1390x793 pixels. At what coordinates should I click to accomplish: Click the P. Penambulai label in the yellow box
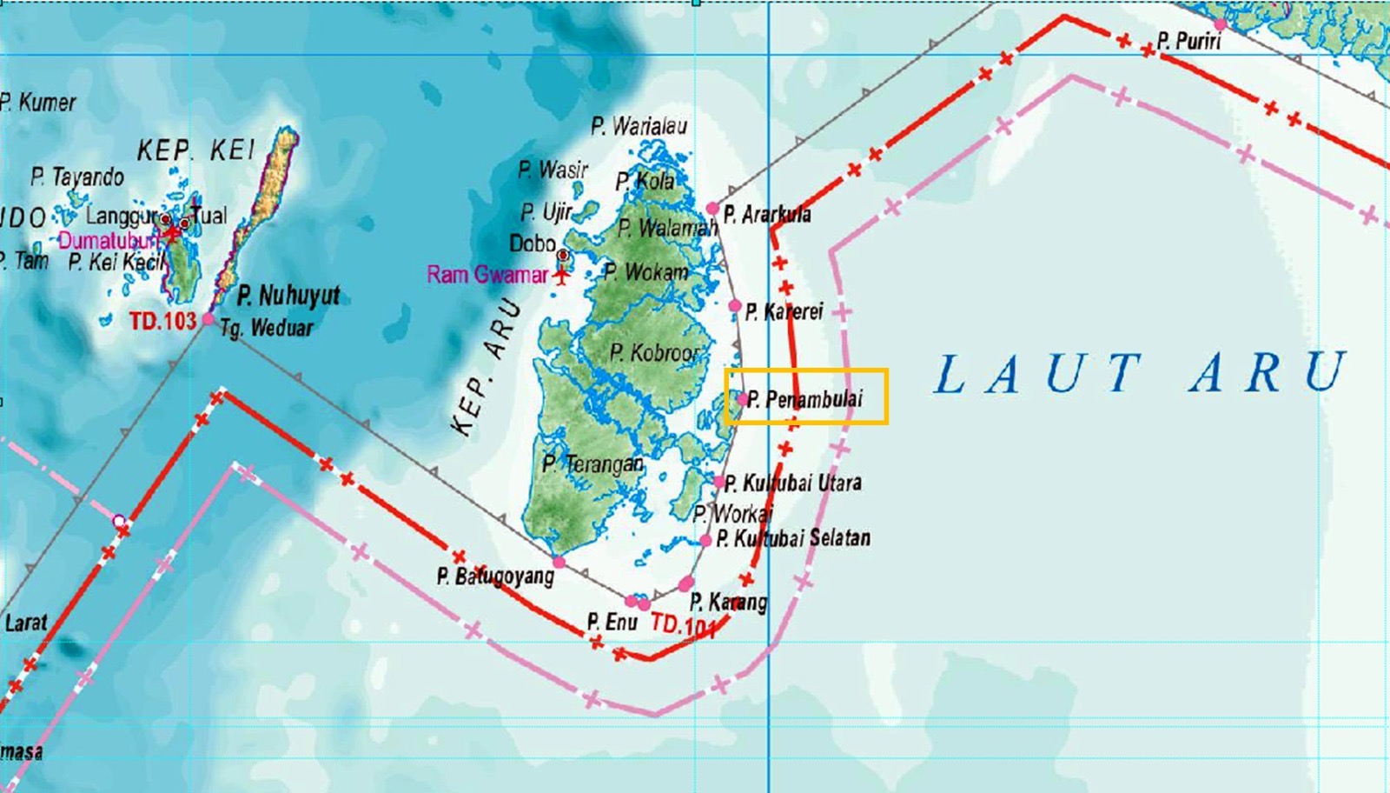click(805, 399)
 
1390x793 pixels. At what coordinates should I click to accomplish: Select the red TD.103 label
click(162, 321)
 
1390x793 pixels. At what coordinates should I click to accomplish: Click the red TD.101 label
click(683, 624)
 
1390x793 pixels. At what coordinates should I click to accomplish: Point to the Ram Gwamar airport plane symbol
click(562, 277)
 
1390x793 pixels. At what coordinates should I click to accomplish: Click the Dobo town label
click(532, 243)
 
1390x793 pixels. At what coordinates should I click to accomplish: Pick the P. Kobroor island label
click(653, 352)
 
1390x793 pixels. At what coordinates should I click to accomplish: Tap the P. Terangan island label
click(592, 463)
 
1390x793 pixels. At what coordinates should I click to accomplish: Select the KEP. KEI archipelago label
click(196, 150)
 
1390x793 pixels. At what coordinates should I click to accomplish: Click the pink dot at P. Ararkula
click(712, 209)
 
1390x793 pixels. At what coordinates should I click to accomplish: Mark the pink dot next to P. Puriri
click(1221, 24)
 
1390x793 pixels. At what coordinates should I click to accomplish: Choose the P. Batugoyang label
click(495, 576)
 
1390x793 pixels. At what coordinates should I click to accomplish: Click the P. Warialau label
click(639, 126)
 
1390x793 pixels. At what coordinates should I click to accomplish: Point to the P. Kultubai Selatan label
click(792, 538)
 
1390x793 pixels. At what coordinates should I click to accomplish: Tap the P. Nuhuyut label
click(288, 296)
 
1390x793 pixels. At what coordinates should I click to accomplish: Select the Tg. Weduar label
click(266, 328)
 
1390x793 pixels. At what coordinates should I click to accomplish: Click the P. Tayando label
click(76, 177)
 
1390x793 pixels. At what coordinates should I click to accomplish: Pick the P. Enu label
click(612, 622)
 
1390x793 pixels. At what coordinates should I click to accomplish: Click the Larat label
click(26, 623)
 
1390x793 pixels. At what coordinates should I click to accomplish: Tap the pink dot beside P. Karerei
click(734, 306)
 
